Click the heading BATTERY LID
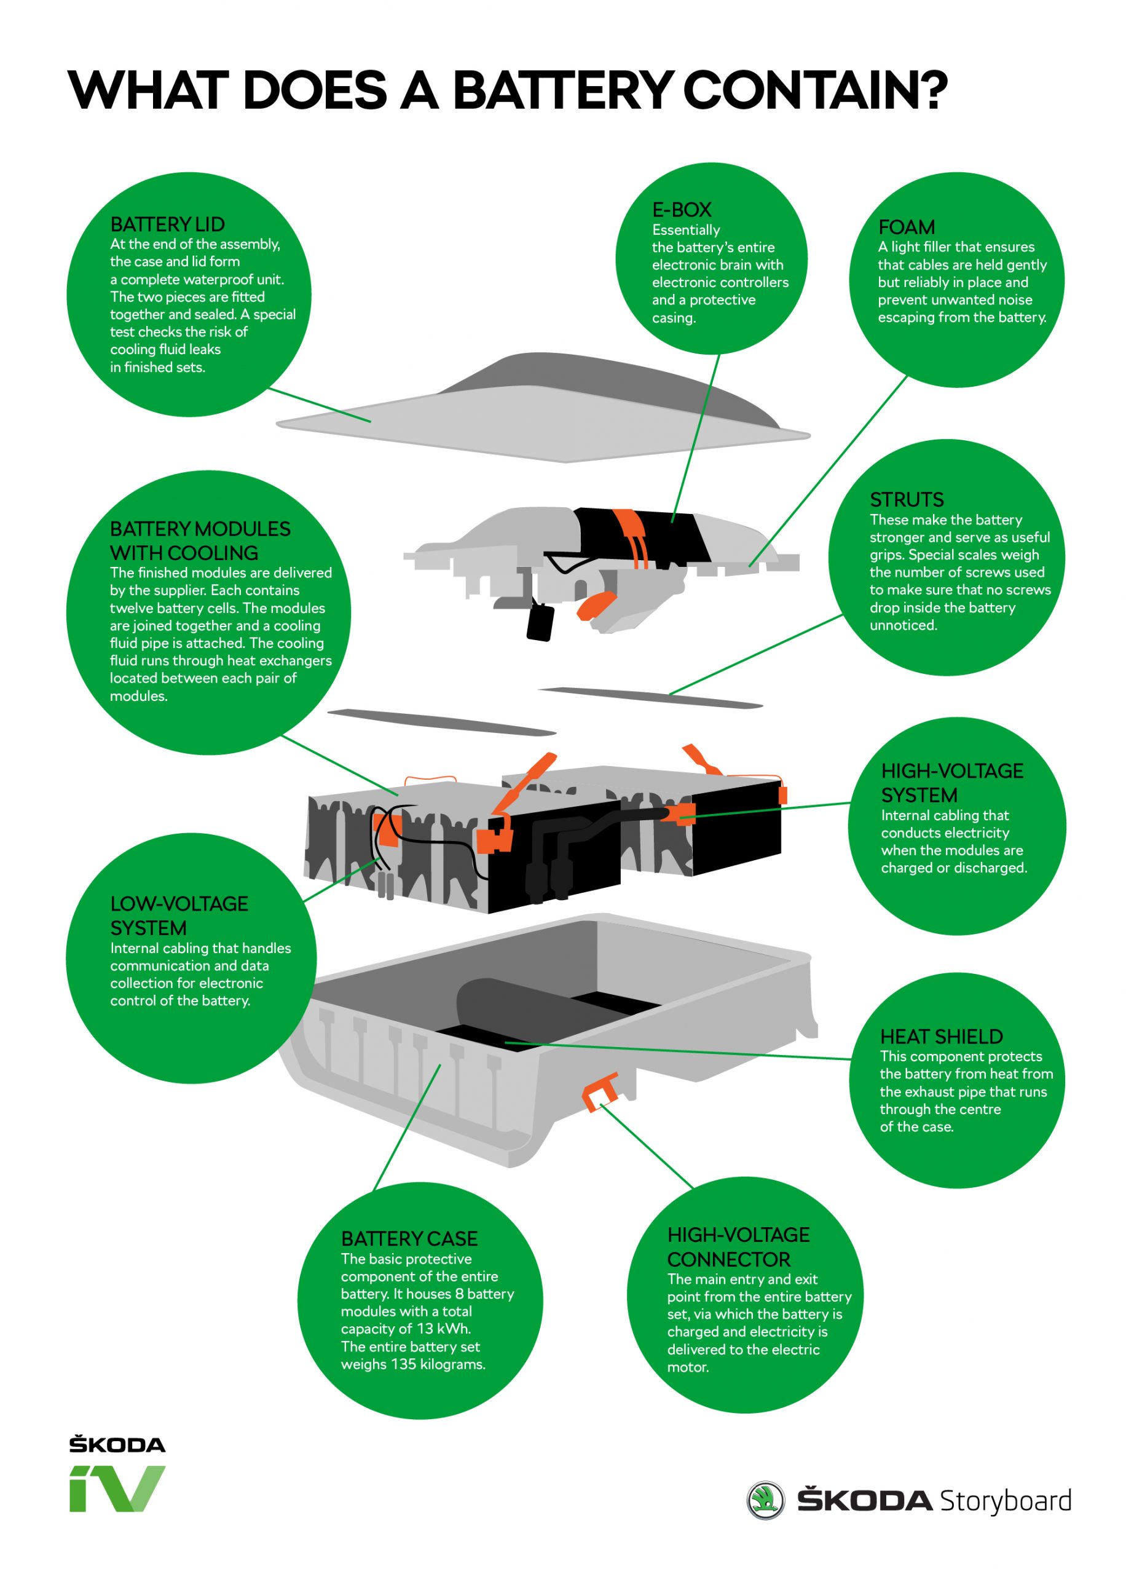click(x=167, y=224)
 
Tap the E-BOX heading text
click(x=681, y=210)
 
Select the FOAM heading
click(x=905, y=227)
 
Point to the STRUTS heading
click(x=906, y=499)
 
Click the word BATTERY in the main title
click(x=562, y=91)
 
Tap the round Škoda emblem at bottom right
click(x=765, y=1500)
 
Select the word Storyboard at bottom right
click(x=1005, y=1500)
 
